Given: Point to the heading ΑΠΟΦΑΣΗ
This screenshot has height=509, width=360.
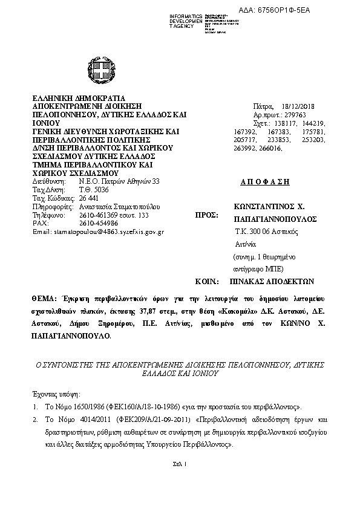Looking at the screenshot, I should click(269, 181).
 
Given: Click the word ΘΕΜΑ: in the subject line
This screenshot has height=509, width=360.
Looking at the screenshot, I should click(45, 299).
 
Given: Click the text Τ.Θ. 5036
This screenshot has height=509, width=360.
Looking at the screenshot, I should click(90, 189).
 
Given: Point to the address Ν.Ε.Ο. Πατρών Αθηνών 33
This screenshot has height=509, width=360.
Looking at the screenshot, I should click(119, 181).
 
